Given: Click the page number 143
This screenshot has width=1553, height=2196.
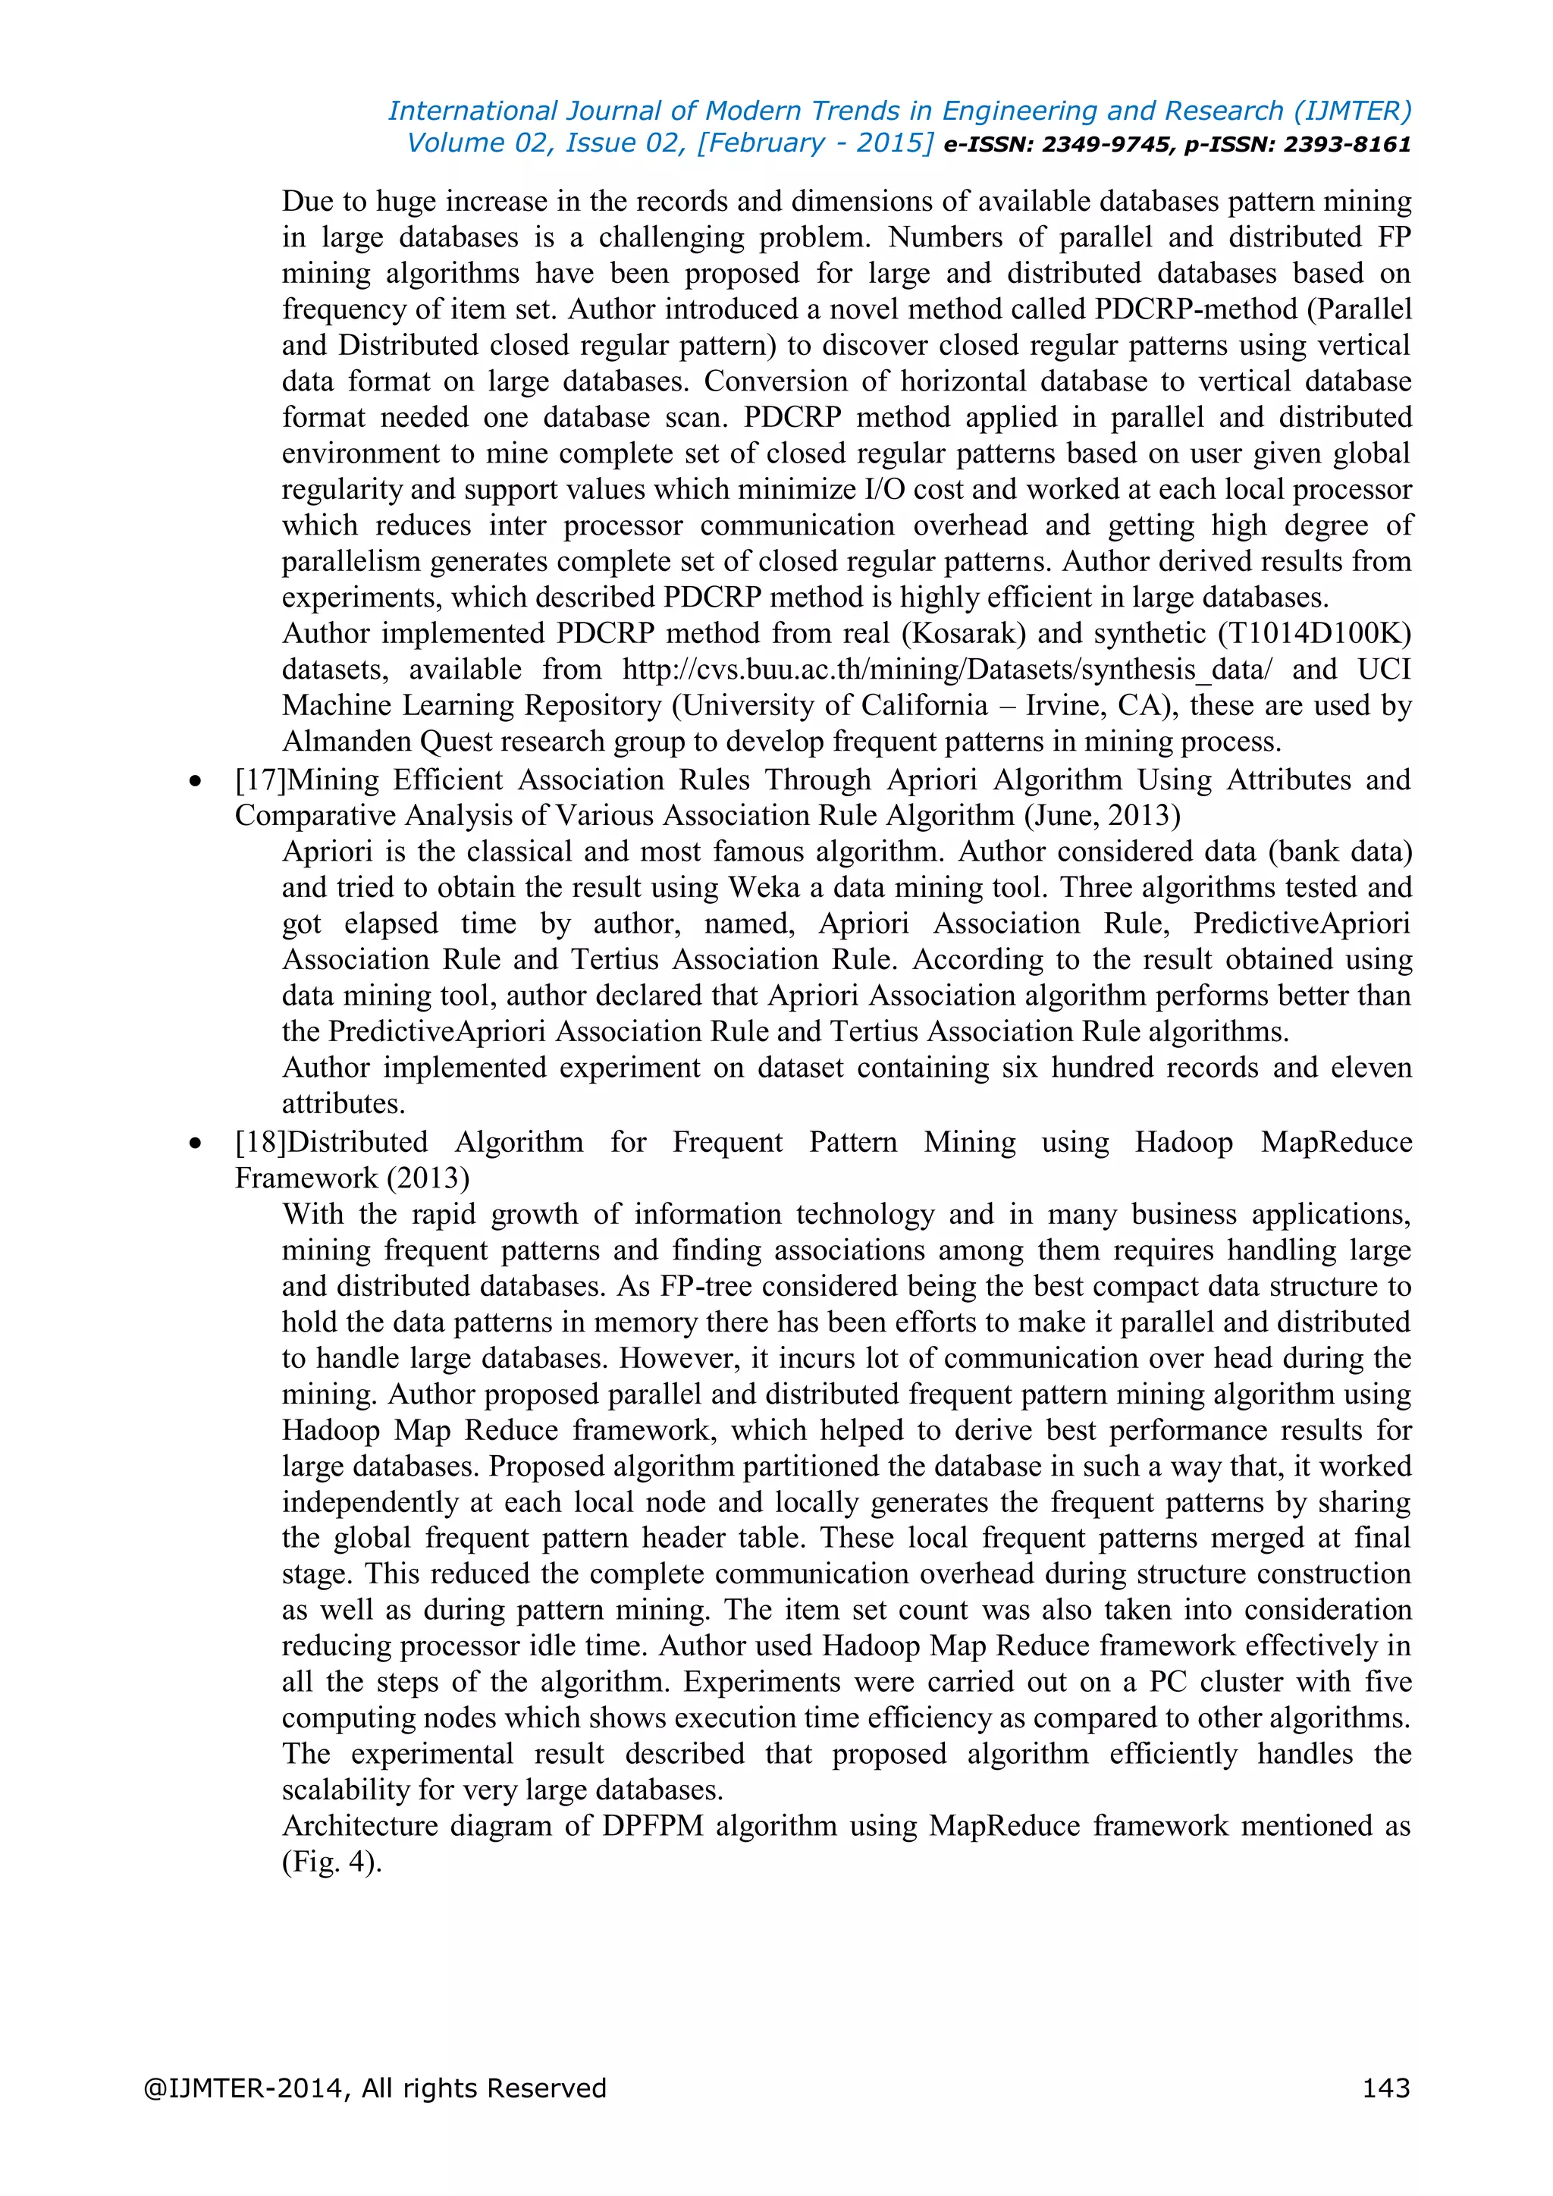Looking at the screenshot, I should [x=1385, y=2088].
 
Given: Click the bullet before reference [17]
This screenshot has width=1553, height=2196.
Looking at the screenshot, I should [x=196, y=783].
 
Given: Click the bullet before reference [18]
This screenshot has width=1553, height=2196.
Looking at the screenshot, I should [x=196, y=1145].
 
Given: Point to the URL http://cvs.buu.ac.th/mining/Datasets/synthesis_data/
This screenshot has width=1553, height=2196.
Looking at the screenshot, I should [x=946, y=670].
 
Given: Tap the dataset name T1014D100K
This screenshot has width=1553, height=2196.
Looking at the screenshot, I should [x=1315, y=633].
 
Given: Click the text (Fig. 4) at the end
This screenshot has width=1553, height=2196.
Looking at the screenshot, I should [x=331, y=1862].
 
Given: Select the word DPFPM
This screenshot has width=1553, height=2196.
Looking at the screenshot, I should [x=652, y=1826].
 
